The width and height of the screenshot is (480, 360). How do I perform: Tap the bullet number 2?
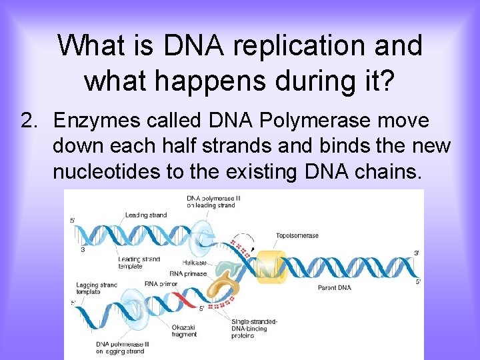point(27,121)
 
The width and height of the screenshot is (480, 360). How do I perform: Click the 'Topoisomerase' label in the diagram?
point(297,235)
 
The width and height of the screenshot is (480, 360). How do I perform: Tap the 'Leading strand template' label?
point(139,262)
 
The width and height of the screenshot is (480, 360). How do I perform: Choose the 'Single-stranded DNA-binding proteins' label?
point(256,328)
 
